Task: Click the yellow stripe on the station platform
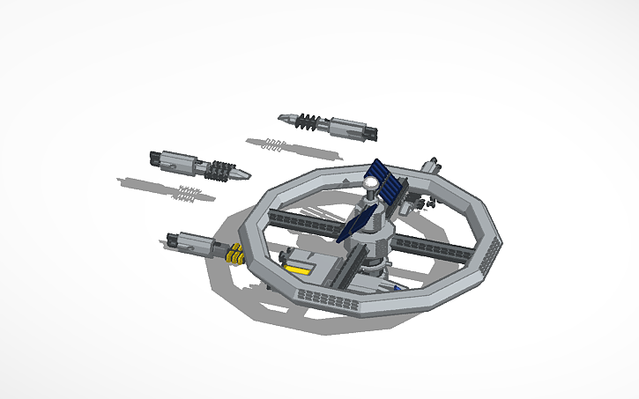click(x=301, y=270)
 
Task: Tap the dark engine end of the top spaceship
click(x=371, y=135)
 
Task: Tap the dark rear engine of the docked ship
click(x=170, y=237)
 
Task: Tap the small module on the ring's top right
click(x=432, y=165)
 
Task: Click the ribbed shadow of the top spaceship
click(x=273, y=144)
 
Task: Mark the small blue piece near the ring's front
click(x=398, y=287)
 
